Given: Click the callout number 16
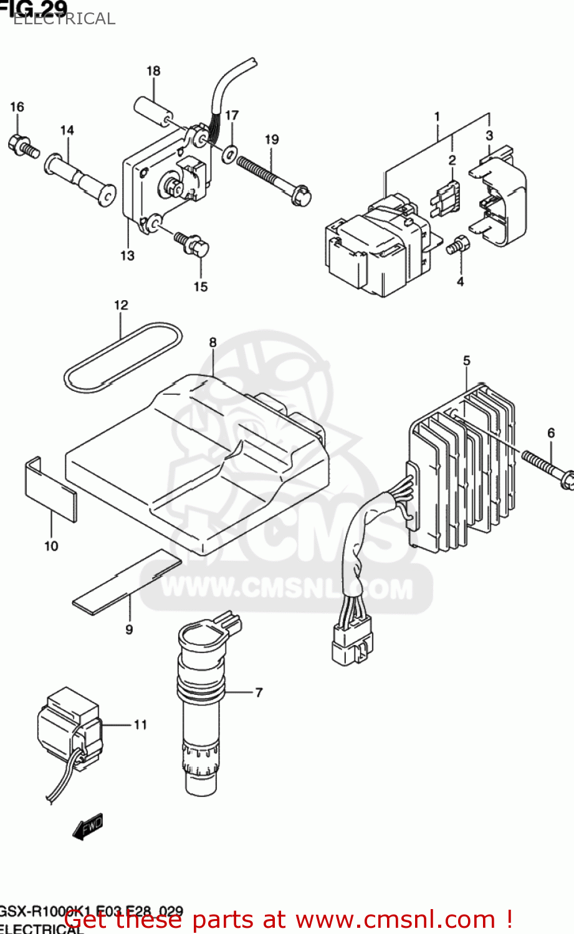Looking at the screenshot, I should click(17, 107).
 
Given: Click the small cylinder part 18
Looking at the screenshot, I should click(153, 111).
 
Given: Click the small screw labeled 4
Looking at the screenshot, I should click(457, 245).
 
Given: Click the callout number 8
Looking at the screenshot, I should click(213, 342).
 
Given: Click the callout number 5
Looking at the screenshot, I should click(467, 361).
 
